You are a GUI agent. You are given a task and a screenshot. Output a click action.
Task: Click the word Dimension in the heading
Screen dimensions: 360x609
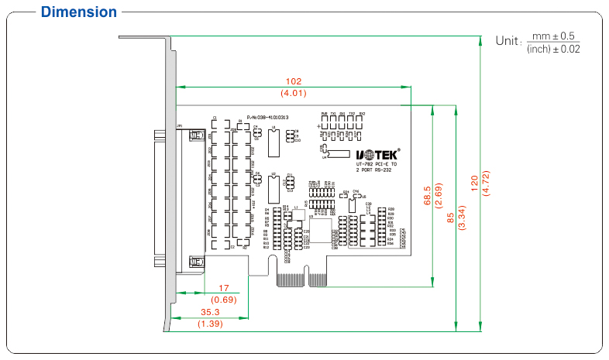coord(79,12)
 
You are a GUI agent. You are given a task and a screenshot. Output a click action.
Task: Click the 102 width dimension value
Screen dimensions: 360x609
coord(294,81)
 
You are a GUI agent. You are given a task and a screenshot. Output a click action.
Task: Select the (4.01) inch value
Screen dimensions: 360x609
coord(294,93)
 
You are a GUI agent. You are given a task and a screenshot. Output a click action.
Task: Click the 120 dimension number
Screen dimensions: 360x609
coord(474,183)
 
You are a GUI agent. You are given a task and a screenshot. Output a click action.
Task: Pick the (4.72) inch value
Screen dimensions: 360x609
coord(486,183)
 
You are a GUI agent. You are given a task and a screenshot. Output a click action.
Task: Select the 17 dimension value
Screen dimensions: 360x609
coord(224,288)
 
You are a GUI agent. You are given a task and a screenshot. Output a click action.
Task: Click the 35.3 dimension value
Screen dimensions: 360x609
coord(210,313)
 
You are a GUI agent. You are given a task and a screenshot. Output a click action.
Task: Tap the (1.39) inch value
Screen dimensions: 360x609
coord(210,324)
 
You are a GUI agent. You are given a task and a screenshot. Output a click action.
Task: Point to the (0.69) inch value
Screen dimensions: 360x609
coord(224,299)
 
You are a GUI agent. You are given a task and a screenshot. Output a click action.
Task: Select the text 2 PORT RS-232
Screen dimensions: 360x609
coord(377,170)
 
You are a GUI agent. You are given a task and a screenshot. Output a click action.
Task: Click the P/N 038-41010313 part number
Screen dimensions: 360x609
coord(267,117)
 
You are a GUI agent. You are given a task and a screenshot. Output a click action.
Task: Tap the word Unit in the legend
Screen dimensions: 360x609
coord(508,40)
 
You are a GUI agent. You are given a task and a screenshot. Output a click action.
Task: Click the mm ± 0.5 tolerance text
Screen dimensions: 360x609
coord(553,36)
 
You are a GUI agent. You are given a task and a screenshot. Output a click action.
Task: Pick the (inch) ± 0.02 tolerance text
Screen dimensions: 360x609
coord(553,49)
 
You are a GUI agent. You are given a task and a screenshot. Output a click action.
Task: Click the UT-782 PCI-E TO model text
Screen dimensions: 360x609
coord(377,163)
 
